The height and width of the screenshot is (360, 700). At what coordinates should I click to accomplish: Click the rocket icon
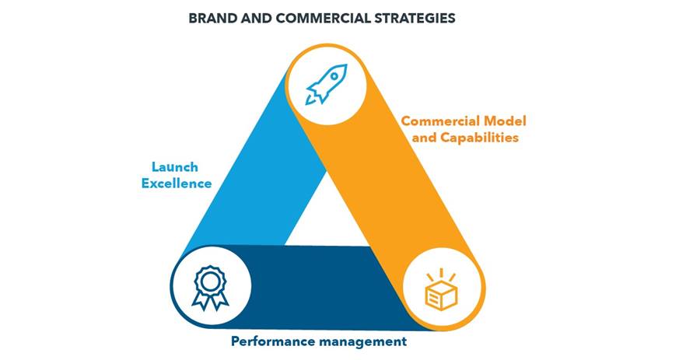pos(327,84)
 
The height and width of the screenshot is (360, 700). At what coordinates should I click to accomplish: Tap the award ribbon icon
pos(210,288)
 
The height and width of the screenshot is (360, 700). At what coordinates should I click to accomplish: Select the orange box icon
pos(441,290)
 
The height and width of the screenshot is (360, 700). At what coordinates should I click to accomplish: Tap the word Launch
pos(174,167)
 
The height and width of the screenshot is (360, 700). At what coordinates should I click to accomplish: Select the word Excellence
pos(177,183)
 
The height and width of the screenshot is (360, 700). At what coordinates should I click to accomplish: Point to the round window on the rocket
pos(334,76)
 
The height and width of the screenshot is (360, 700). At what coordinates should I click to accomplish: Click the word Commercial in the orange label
pos(441,121)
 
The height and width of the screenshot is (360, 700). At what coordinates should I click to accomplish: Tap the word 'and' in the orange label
pos(425,138)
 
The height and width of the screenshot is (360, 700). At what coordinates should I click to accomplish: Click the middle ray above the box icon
pos(441,273)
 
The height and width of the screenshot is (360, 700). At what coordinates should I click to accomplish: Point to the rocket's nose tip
pos(346,65)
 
